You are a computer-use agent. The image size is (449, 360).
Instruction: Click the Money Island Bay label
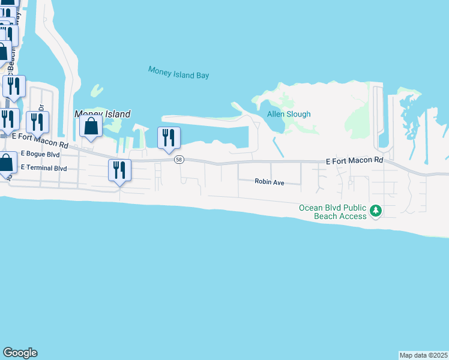pyautogui.click(x=178, y=73)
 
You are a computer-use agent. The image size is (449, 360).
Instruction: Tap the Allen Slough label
pyautogui.click(x=289, y=114)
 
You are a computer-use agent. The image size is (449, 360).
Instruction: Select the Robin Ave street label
pyautogui.click(x=269, y=181)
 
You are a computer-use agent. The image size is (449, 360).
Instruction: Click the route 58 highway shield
pyautogui.click(x=179, y=160)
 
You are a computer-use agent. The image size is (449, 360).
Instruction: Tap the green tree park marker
pyautogui.click(x=376, y=211)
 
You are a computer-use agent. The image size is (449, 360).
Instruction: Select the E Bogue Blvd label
pyautogui.click(x=40, y=154)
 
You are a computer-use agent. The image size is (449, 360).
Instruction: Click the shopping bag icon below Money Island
pyautogui.click(x=91, y=127)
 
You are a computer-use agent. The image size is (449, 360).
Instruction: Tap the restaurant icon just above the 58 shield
pyautogui.click(x=169, y=137)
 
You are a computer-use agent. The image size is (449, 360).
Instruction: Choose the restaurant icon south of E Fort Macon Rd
pyautogui.click(x=119, y=170)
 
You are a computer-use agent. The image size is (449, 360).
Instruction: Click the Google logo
pyautogui.click(x=20, y=353)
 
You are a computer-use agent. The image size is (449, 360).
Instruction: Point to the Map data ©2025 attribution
pyautogui.click(x=423, y=355)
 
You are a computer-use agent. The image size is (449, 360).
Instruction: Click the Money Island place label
pyautogui.click(x=102, y=113)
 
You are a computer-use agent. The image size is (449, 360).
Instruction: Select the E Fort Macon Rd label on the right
pyautogui.click(x=354, y=161)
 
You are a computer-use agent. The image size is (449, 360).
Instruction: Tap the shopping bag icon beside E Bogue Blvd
pyautogui.click(x=7, y=163)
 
